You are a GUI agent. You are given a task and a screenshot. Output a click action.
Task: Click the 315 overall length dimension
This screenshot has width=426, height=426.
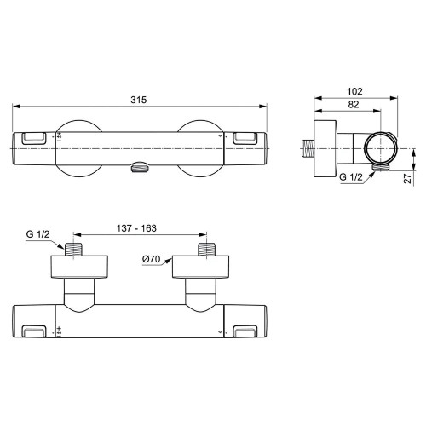point(140,100)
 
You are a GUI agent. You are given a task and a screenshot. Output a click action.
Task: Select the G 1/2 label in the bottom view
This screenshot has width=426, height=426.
point(39,234)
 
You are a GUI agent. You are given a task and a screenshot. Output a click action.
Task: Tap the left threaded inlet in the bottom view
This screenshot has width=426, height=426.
point(74,250)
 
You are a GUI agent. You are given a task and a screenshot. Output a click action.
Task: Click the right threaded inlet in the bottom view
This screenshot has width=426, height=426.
point(205,250)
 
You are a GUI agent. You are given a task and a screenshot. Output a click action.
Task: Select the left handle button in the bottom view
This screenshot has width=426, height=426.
point(36,330)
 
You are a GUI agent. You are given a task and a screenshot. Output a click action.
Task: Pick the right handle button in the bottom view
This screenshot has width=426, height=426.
point(245,330)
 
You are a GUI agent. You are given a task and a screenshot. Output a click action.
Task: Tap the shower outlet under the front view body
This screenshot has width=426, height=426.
point(140,168)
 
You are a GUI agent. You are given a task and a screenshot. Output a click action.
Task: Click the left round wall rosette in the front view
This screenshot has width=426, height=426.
point(75,146)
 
